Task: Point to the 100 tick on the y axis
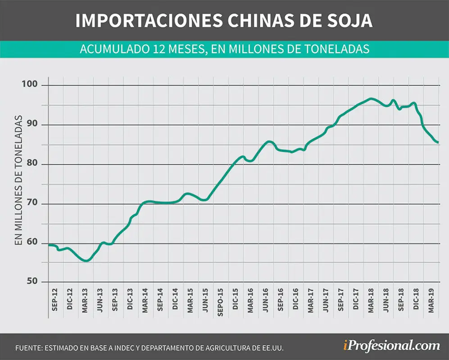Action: pyautogui.click(x=30, y=84)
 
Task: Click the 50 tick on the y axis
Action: pyautogui.click(x=32, y=281)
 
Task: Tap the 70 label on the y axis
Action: pyautogui.click(x=32, y=202)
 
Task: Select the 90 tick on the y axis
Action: pyautogui.click(x=32, y=124)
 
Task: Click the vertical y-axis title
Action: pyautogui.click(x=18, y=180)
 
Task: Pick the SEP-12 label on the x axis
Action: pyautogui.click(x=54, y=300)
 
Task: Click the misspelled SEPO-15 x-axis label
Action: pyautogui.click(x=220, y=302)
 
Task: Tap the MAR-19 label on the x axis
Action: pyautogui.click(x=431, y=300)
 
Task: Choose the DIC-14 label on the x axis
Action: pyautogui.click(x=175, y=299)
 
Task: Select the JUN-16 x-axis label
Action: pyautogui.click(x=265, y=300)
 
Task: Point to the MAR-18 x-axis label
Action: pyautogui.click(x=371, y=300)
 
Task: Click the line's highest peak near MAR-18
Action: pyautogui.click(x=371, y=99)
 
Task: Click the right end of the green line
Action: pyautogui.click(x=438, y=142)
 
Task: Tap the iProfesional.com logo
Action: pyautogui.click(x=391, y=346)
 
